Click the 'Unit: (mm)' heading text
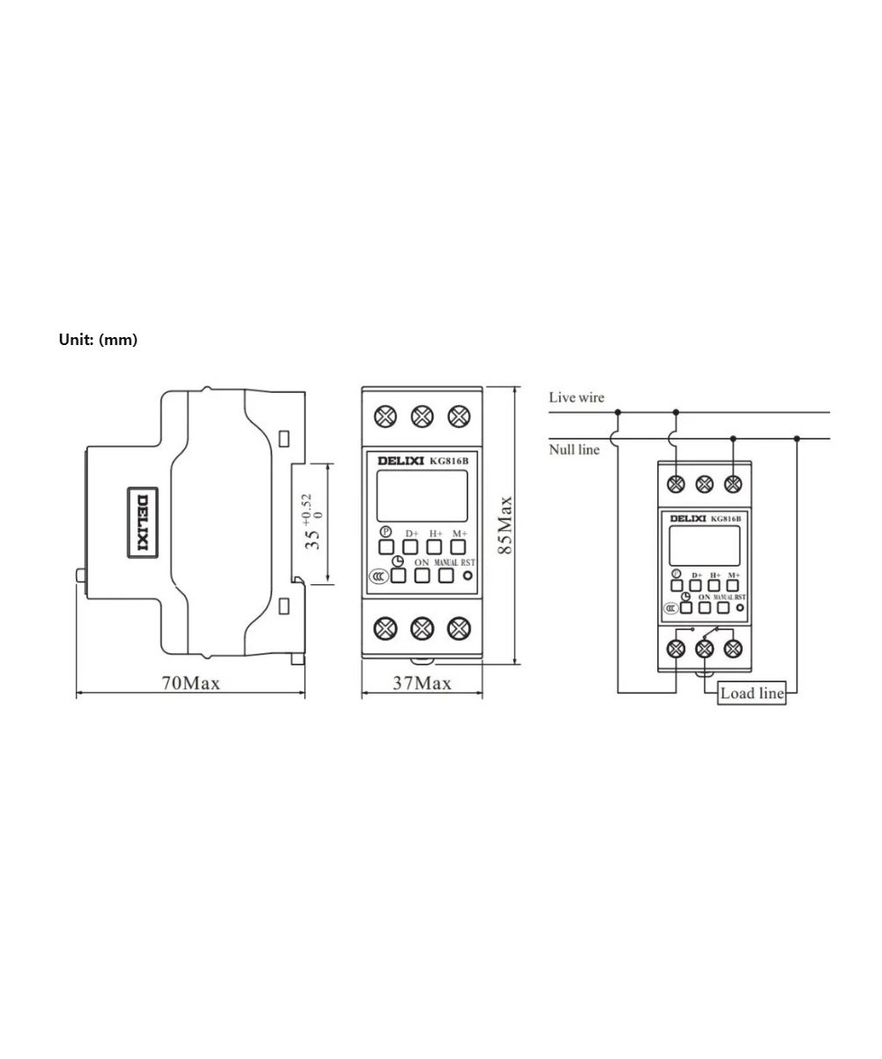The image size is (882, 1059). tap(98, 340)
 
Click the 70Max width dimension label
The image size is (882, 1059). tap(190, 683)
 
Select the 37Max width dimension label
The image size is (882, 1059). tap(422, 683)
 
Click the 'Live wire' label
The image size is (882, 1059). tap(576, 398)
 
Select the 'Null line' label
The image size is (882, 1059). tap(574, 450)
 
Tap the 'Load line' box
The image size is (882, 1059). tap(751, 693)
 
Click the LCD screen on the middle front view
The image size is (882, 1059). tap(422, 496)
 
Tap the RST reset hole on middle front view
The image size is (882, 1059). tap(467, 576)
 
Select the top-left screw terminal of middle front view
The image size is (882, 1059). tap(385, 415)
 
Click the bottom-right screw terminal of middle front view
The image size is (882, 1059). tap(458, 628)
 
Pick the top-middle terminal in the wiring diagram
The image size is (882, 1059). tap(705, 484)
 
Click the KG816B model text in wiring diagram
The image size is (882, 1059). tap(726, 519)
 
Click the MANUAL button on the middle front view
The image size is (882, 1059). tap(446, 575)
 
